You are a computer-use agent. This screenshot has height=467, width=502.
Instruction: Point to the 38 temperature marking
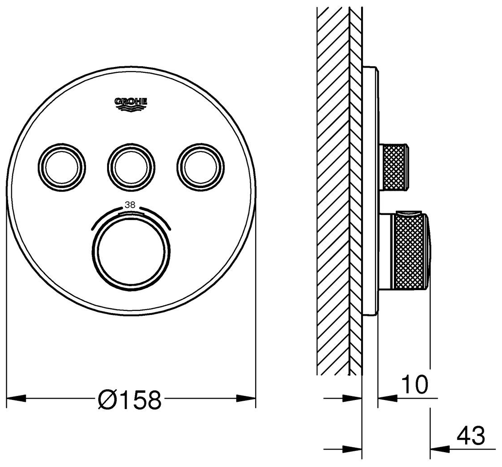tap(130, 205)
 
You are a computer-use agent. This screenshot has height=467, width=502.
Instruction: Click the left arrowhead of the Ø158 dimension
tap(16, 399)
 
